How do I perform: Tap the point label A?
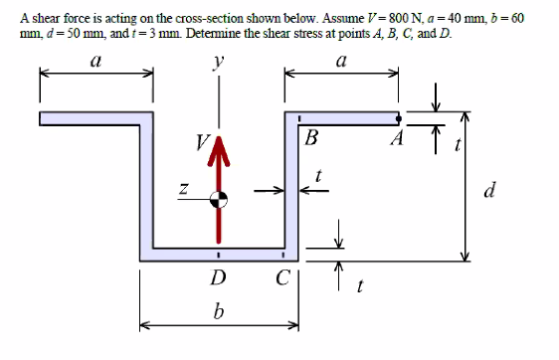tap(396, 138)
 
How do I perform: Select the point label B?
tap(311, 138)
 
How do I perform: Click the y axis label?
tap(218, 62)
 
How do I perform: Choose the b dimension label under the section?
tap(218, 313)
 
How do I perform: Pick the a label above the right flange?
tap(341, 62)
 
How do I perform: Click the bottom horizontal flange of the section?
tap(218, 255)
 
